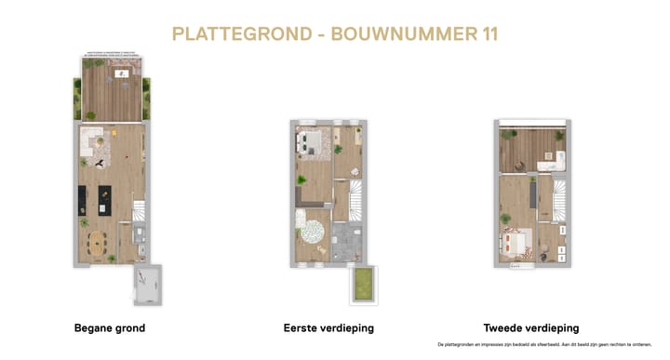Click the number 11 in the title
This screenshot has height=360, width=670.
coord(484,34)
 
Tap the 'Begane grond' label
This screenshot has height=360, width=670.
coord(110,328)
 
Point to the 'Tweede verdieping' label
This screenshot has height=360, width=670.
coord(531,328)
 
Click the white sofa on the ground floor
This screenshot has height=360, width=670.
coord(91,142)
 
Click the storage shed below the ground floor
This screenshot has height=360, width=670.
coord(147,286)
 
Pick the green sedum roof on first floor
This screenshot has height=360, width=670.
coord(361,286)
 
